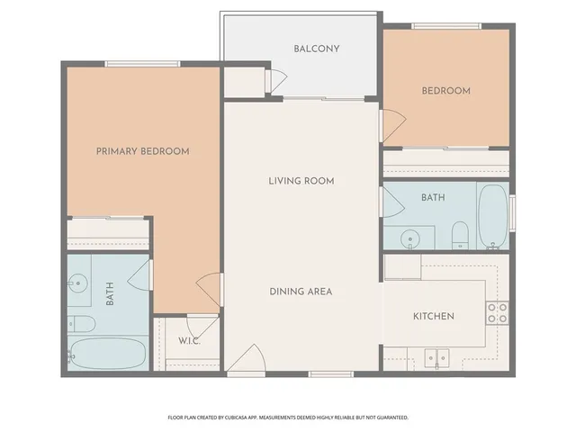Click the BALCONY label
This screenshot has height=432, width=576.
coord(316,49)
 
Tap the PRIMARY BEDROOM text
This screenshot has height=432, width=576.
coord(142,151)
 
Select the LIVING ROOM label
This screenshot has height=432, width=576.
coord(301,181)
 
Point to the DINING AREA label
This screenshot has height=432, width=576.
coord(301,292)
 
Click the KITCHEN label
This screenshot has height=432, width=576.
coord(433,317)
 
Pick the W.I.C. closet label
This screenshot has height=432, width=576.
coord(189,341)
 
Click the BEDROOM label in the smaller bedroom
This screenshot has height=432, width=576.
coord(446,91)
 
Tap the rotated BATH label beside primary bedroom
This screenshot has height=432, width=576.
coord(110,293)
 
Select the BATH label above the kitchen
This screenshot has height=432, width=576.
coord(433,196)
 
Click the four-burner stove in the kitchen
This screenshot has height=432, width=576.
coord(497,312)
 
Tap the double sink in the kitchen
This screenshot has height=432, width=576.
coord(436,357)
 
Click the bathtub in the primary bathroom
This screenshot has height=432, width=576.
coord(108,354)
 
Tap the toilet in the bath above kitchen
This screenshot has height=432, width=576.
coord(459,234)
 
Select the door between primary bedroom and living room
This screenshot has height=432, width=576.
coord(210,287)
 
